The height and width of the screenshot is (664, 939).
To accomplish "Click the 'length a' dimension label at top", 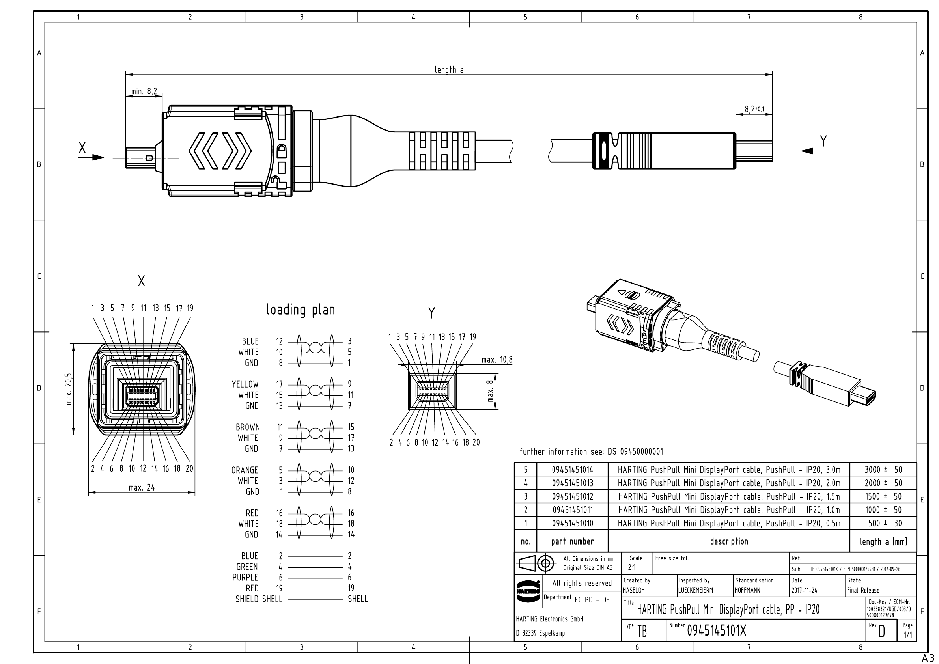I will pos(449,69).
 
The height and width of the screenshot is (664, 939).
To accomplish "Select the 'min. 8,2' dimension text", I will pos(144,91).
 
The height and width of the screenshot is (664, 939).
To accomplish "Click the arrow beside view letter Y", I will pos(807,151).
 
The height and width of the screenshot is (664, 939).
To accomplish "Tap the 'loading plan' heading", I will pos(301,310).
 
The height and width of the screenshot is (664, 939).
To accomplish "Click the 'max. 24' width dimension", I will pos(142,487).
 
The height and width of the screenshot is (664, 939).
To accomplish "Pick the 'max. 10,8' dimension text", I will pos(497,360).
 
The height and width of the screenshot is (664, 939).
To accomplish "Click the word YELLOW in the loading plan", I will pos(245,384).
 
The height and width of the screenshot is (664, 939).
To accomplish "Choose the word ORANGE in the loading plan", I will pos(245,470).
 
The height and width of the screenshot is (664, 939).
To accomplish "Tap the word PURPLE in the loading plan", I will pos(245,577).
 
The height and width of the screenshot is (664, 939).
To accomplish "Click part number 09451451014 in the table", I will pos(572,469).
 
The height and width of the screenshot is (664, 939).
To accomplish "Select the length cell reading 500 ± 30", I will pos(883,523).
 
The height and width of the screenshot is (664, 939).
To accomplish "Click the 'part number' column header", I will pos(572,541).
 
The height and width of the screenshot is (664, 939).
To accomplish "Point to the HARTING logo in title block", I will pos(528,591).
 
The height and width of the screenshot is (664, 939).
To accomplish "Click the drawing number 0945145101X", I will pos(716,631).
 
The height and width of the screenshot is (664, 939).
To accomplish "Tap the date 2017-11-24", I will pos(804,590).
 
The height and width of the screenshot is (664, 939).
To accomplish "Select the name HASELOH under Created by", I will pos(633,590).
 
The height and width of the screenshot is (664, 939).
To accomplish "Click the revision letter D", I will pos(881,632).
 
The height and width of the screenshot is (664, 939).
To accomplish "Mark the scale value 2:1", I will pos(631,567).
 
